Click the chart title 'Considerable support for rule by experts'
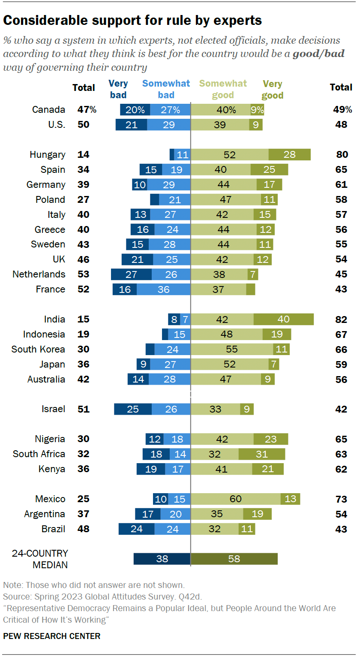pyautogui.click(x=132, y=20)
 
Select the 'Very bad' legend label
pyautogui.click(x=118, y=89)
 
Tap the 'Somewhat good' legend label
pyautogui.click(x=223, y=89)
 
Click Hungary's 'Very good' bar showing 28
pyautogui.click(x=289, y=154)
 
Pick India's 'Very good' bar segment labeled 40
pyautogui.click(x=283, y=319)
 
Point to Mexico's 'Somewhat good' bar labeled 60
pyautogui.click(x=235, y=499)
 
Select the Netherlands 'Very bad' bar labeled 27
pyautogui.click(x=131, y=274)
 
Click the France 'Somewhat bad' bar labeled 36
pyautogui.click(x=163, y=289)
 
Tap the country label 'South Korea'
pyautogui.click(x=38, y=349)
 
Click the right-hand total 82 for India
pyautogui.click(x=342, y=319)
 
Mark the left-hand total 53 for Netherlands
pyautogui.click(x=83, y=274)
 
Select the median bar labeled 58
pyautogui.click(x=234, y=559)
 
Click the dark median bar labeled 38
pyautogui.click(x=162, y=559)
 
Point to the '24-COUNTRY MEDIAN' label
pyautogui.click(x=40, y=559)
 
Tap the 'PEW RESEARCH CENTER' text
pyautogui.click(x=51, y=636)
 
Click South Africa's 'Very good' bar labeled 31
pyautogui.click(x=261, y=454)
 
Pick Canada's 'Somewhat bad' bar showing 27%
pyautogui.click(x=170, y=109)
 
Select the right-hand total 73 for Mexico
pyautogui.click(x=342, y=499)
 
